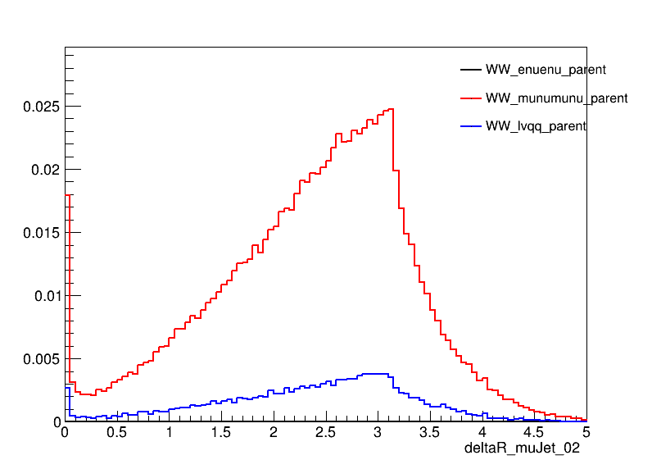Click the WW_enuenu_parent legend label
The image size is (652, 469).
tap(546, 70)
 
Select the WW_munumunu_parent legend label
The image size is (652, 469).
tap(556, 98)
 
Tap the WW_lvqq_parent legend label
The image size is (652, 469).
tap(536, 126)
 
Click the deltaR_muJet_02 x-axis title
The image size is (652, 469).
tap(523, 449)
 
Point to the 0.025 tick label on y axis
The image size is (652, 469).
tap(41, 107)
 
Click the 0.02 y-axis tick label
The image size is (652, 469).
tap(44, 170)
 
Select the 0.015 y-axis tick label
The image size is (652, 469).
tap(41, 233)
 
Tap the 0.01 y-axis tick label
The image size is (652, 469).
tap(44, 296)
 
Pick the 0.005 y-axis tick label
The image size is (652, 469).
tap(41, 359)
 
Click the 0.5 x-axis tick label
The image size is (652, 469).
tap(117, 432)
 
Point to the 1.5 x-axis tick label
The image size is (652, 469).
tap(221, 432)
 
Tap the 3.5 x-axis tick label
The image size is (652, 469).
tap(430, 432)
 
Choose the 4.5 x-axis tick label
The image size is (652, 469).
tap(534, 432)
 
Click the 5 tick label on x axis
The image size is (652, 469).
tap(586, 432)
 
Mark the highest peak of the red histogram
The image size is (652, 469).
tap(391, 109)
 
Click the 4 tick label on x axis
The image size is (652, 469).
tap(482, 432)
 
